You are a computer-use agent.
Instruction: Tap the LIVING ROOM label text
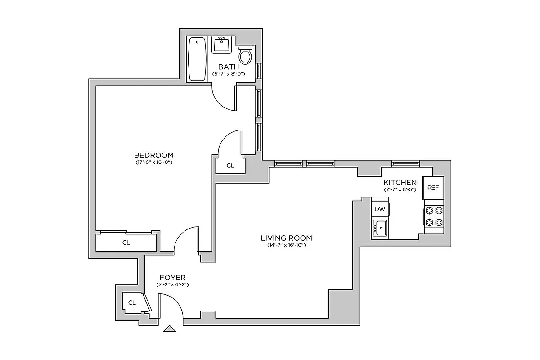point(286,238)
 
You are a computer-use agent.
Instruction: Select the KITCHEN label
point(400,183)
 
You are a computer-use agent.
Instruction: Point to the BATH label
point(229,67)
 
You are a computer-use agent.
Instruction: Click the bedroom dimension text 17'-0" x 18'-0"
point(154,162)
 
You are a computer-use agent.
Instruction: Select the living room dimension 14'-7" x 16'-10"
point(286,245)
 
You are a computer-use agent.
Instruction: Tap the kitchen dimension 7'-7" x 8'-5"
point(400,190)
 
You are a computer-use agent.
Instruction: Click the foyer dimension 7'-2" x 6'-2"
point(172,285)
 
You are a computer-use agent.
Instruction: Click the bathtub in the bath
point(198,59)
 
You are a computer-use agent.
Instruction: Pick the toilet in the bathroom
point(245,55)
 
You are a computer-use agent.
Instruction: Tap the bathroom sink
point(222,45)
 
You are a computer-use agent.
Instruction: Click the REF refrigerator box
point(433,188)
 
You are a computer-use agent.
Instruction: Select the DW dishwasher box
point(380,209)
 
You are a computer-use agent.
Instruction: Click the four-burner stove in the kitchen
point(434,216)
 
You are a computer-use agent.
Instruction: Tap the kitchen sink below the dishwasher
point(380,228)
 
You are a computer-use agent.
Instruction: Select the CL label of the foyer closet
point(132,302)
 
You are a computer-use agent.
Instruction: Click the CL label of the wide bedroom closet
point(126,243)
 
